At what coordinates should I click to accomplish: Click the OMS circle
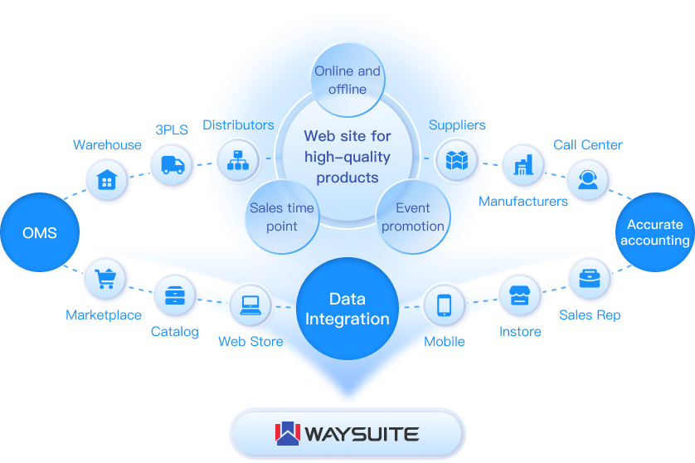[x=40, y=232]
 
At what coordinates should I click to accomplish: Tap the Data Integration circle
[x=347, y=309]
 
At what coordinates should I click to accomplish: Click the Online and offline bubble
[x=347, y=80]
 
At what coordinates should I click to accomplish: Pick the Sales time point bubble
[x=282, y=217]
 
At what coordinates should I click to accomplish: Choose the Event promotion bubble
[x=412, y=217]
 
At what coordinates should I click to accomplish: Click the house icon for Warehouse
[x=106, y=180]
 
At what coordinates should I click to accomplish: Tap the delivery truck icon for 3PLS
[x=173, y=164]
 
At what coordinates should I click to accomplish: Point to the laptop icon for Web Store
[x=250, y=305]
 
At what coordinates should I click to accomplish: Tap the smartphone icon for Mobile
[x=444, y=305]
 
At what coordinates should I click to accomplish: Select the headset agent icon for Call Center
[x=588, y=180]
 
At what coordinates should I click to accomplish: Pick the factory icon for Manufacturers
[x=522, y=164]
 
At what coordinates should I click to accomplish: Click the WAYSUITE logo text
[x=362, y=434]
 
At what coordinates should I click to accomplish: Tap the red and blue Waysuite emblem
[x=287, y=433]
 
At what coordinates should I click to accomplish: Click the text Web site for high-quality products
[x=347, y=156]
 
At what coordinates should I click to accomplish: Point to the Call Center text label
[x=588, y=144]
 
